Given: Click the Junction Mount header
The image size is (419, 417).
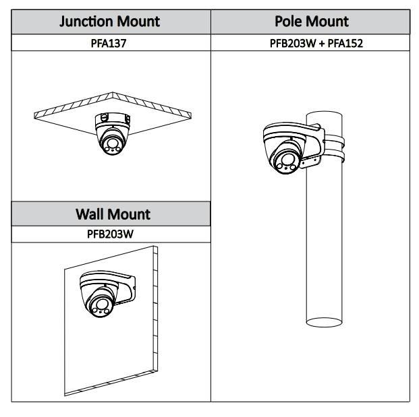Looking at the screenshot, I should pyautogui.click(x=110, y=21).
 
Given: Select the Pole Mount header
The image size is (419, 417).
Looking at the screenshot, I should pyautogui.click(x=312, y=21).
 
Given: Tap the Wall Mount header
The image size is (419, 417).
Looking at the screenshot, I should pyautogui.click(x=112, y=214).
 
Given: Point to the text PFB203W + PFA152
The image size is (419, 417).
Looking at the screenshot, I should pyautogui.click(x=312, y=43).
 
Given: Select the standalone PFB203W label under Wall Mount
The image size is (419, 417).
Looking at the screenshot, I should pyautogui.click(x=111, y=235).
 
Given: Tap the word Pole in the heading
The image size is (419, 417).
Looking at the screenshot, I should pyautogui.click(x=289, y=21).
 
